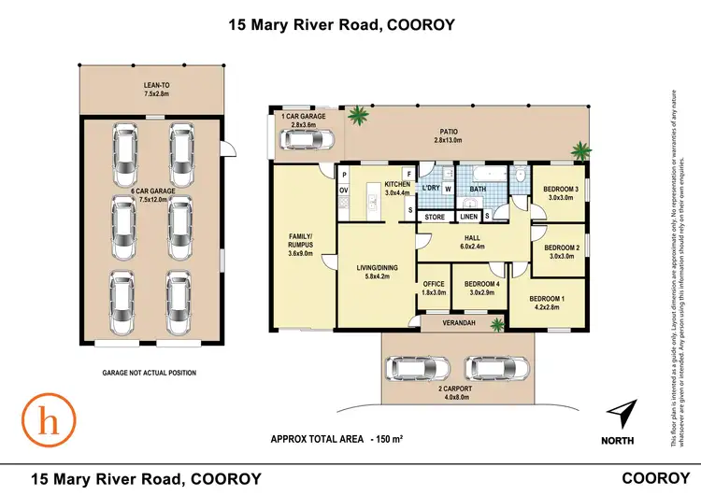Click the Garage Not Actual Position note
click(150, 373)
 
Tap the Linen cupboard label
click(469, 218)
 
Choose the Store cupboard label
click(434, 218)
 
